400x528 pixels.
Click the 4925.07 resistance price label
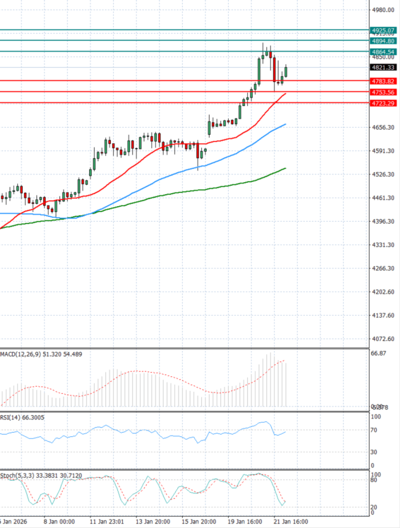(383, 30)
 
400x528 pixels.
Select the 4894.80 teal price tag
(383, 41)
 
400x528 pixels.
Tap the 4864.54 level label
(383, 52)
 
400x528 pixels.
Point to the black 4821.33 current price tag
(383, 68)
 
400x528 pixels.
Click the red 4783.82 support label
(383, 81)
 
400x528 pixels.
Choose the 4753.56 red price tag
(383, 92)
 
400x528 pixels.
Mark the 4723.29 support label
(383, 103)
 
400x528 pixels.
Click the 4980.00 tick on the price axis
(383, 10)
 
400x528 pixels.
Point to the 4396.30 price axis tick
(383, 221)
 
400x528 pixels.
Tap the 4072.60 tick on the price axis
(383, 339)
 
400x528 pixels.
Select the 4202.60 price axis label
(383, 292)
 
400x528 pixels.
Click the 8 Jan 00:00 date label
(59, 522)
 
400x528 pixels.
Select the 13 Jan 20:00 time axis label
(153, 522)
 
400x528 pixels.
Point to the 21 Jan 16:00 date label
(291, 522)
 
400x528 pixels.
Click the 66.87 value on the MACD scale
(378, 353)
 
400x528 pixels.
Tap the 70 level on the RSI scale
(374, 430)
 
